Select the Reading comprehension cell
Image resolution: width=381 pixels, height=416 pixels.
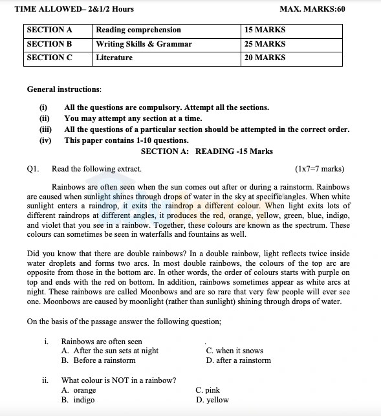coord(138,30)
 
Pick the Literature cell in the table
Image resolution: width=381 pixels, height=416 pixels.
coord(114,58)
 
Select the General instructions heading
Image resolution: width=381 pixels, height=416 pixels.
coord(64,89)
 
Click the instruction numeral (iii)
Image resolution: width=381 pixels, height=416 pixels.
coord(45,129)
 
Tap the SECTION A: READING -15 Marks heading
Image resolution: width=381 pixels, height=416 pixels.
coord(206,151)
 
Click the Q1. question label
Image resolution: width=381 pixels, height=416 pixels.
coord(33,170)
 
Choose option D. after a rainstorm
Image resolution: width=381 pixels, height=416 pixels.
coord(238,360)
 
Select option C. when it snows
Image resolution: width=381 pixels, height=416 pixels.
coord(234,351)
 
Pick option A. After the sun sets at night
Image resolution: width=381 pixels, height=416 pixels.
coord(109,351)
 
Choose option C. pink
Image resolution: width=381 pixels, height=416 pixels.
coord(208,390)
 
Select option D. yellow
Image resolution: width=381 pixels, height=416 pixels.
coord(212,400)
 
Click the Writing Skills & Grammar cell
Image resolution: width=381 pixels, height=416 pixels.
coord(144,44)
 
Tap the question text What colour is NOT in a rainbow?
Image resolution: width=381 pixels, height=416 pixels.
coord(118,380)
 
